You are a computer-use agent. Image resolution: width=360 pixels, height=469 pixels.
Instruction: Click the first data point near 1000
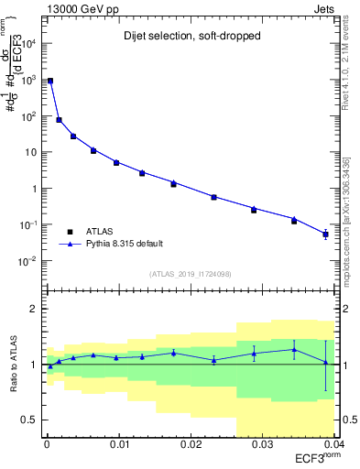(x=49, y=81)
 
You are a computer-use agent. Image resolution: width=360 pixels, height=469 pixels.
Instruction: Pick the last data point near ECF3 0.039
(x=326, y=234)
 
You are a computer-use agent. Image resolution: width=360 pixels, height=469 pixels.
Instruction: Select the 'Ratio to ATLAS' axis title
(x=13, y=364)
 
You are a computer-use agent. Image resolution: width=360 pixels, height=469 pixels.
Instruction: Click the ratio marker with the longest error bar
(x=325, y=362)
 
